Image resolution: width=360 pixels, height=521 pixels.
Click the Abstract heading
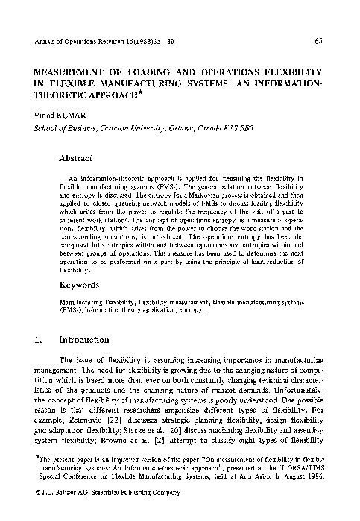coord(75,158)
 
